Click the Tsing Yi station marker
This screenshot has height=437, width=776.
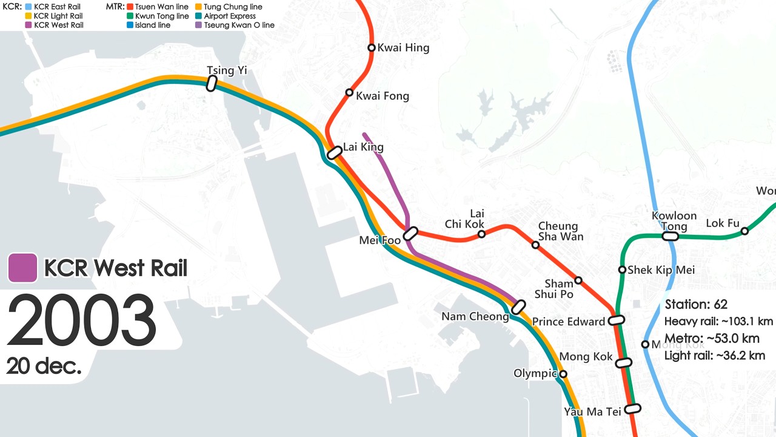tap(211, 84)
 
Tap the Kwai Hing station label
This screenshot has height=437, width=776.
tap(403, 48)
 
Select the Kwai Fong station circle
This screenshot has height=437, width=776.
tap(349, 92)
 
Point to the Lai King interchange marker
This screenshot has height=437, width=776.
tap(334, 153)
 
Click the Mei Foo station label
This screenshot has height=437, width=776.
tap(380, 240)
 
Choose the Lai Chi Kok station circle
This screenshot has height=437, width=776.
tap(481, 234)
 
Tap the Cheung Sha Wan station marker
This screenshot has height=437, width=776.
tap(535, 245)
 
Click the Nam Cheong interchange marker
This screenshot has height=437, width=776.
tap(518, 307)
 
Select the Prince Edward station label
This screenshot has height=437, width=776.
tap(568, 322)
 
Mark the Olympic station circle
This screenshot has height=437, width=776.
tap(563, 374)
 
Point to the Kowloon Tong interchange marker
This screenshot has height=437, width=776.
tap(670, 236)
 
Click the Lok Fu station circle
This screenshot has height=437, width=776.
tap(745, 231)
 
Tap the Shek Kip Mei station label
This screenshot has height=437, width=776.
tap(661, 269)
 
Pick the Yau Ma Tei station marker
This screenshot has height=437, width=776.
tap(632, 409)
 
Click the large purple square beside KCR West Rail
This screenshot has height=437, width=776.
tap(22, 268)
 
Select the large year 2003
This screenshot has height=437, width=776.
tap(81, 321)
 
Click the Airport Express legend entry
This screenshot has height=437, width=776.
tap(229, 16)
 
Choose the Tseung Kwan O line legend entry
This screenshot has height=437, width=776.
tap(239, 25)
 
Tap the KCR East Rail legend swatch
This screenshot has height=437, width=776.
tap(28, 7)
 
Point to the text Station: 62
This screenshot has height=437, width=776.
tap(696, 304)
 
